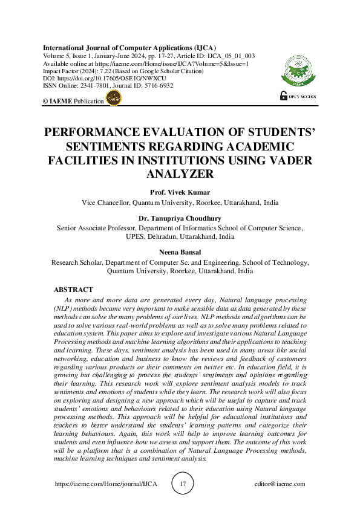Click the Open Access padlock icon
[283, 96]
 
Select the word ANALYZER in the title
[180, 174]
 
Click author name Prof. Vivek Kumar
[180, 193]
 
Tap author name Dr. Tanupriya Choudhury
[180, 219]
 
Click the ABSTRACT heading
[73, 290]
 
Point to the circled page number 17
[183, 484]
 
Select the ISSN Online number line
[108, 85]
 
